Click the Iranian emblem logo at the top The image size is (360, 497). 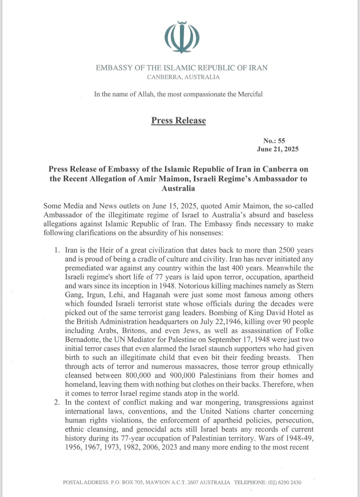182,37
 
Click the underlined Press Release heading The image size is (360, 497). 179,120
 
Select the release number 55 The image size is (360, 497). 282,141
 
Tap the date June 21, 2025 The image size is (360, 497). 278,149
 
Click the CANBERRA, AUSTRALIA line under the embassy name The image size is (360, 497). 184,77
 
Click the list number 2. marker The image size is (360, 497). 58,402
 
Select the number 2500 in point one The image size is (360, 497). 287,250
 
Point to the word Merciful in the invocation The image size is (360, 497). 250,94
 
